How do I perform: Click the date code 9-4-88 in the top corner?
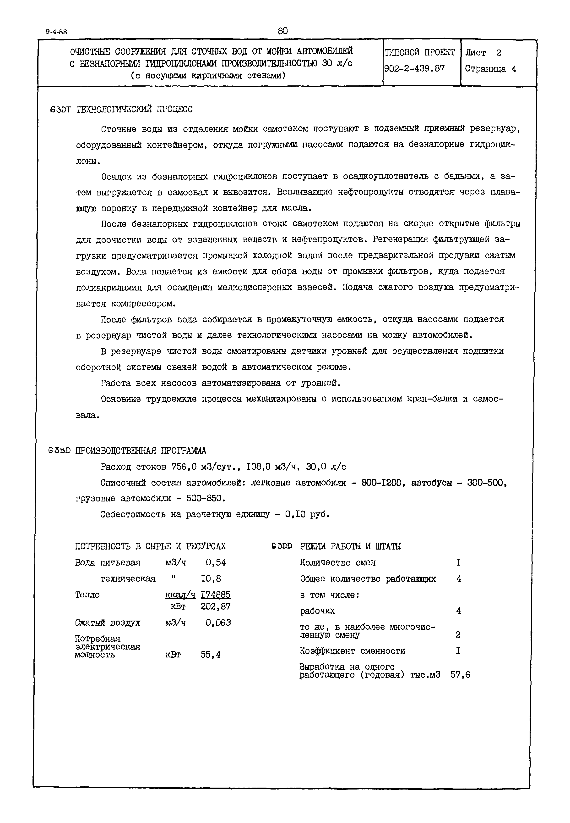pyautogui.click(x=56, y=32)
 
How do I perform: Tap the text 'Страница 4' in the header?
pyautogui.click(x=490, y=69)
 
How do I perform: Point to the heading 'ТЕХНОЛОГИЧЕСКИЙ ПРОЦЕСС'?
pyautogui.click(x=135, y=109)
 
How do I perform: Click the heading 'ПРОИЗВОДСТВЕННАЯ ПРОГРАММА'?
pyautogui.click(x=141, y=450)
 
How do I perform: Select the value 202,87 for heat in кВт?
pyautogui.click(x=216, y=606)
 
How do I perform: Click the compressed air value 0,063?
pyautogui.click(x=218, y=623)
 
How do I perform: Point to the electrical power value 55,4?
pyautogui.click(x=211, y=655)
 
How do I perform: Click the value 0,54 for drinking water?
pyautogui.click(x=216, y=562)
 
